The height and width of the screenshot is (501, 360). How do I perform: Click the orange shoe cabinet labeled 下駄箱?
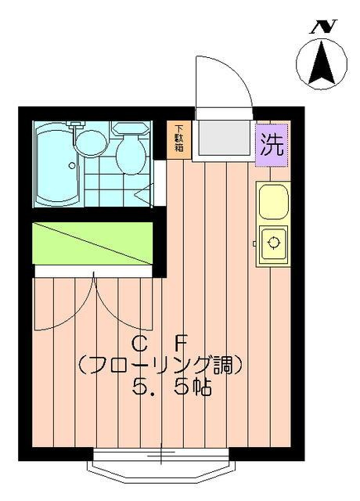tap(178, 139)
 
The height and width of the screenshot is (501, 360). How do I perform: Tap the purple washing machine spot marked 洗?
tap(272, 144)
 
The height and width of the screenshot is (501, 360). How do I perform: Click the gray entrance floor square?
tap(222, 139)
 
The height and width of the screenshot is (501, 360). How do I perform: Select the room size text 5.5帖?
tap(172, 387)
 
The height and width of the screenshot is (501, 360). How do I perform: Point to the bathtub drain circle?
tap(73, 165)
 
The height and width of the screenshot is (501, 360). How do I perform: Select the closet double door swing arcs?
tap(94, 301)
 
